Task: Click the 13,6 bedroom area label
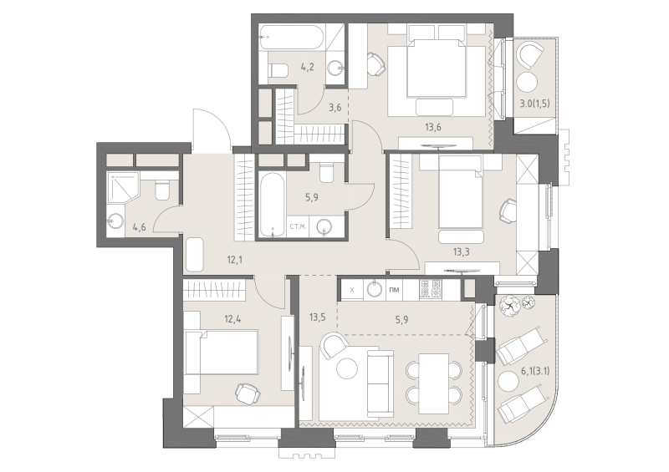coord(432,127)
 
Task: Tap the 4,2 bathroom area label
coord(307,67)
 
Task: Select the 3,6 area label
coord(335,108)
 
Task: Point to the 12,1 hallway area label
coord(235,259)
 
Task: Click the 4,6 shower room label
coord(139,227)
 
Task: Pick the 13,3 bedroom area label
coord(462,252)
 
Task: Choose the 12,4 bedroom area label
coord(233,318)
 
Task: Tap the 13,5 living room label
coord(318,317)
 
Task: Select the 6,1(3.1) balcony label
coord(535,372)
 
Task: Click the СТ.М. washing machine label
coord(298,227)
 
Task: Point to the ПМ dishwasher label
coord(395,290)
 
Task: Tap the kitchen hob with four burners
coord(431,289)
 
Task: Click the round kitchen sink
coord(375,289)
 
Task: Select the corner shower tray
coord(123,187)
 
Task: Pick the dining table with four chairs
coord(433,383)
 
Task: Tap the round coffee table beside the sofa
coord(346,368)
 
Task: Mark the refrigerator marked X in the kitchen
coord(351,290)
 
